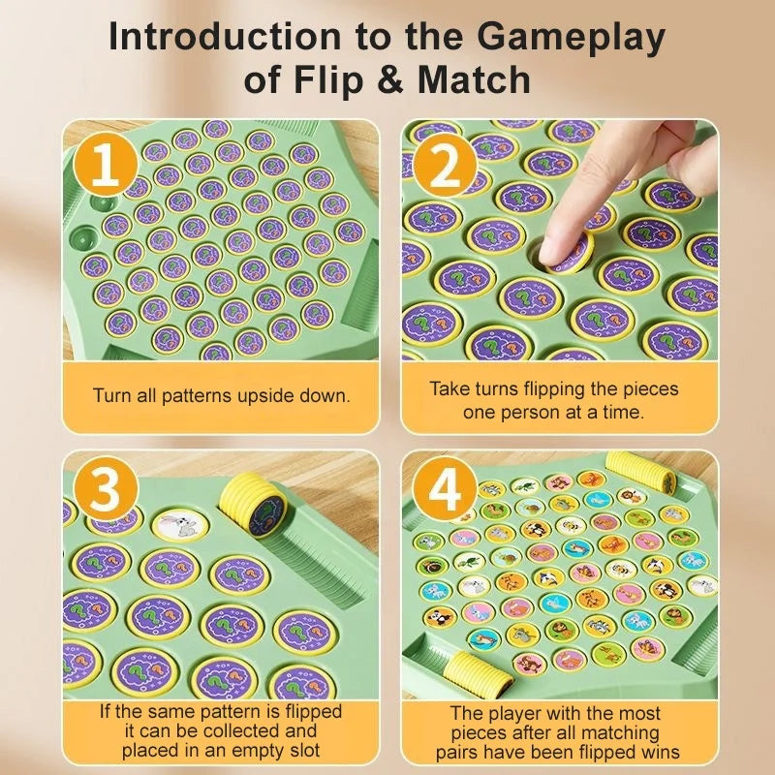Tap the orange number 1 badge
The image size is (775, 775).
[x=104, y=167]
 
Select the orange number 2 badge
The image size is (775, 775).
[x=445, y=167]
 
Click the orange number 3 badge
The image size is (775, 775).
[x=105, y=492]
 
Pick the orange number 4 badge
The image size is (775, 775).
[x=445, y=492]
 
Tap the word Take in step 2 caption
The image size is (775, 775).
[x=449, y=389]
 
